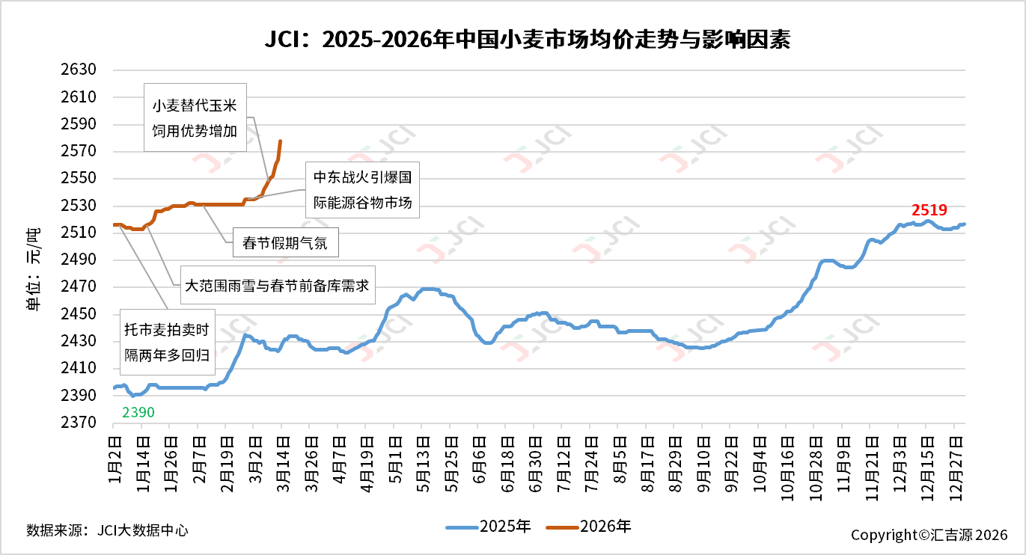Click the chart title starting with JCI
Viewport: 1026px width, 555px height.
527,39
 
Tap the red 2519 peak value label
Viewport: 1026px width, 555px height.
929,210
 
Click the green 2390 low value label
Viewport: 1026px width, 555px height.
138,412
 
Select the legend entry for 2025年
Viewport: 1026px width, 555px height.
489,527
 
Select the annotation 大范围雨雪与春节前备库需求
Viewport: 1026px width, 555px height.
276,285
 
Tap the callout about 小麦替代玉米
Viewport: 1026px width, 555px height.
195,118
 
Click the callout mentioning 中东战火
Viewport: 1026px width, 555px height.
362,190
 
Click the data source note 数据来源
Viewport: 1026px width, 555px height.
107,530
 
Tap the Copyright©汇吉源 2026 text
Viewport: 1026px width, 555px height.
929,535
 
